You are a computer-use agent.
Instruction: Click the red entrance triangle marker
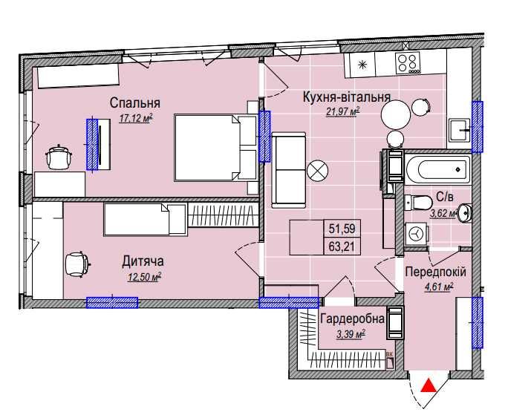429,385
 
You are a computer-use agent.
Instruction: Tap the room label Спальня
134,103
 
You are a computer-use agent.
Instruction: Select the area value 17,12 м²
136,118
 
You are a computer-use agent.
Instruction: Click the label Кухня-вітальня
346,97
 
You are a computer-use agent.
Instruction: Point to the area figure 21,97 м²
343,111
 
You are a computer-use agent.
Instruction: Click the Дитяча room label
143,261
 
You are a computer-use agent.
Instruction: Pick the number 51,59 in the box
342,229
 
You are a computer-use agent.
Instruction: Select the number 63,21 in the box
342,246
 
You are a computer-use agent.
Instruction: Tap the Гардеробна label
352,319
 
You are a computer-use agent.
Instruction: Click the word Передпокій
435,272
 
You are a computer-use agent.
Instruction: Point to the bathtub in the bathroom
437,169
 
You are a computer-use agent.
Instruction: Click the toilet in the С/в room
418,203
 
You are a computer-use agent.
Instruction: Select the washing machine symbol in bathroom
416,233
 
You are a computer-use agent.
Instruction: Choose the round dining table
395,114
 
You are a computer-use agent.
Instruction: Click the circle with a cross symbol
317,171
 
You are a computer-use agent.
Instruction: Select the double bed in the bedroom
215,147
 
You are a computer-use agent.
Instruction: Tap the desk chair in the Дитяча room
76,264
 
